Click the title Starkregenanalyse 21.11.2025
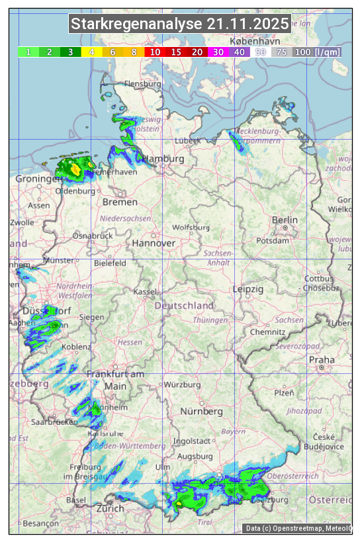(x=180, y=24)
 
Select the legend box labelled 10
(x=156, y=52)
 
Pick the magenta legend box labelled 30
(x=218, y=52)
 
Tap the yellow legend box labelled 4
(x=92, y=52)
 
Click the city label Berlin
(x=285, y=220)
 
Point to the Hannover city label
(x=154, y=243)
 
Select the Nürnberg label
(x=202, y=411)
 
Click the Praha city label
(x=322, y=359)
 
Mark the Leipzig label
(x=248, y=289)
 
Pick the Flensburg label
(x=143, y=84)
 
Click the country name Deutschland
(x=184, y=306)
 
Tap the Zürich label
(x=110, y=508)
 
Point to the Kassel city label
(x=144, y=291)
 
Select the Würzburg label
(x=182, y=385)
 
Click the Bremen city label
(x=120, y=202)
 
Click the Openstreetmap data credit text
(x=298, y=528)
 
